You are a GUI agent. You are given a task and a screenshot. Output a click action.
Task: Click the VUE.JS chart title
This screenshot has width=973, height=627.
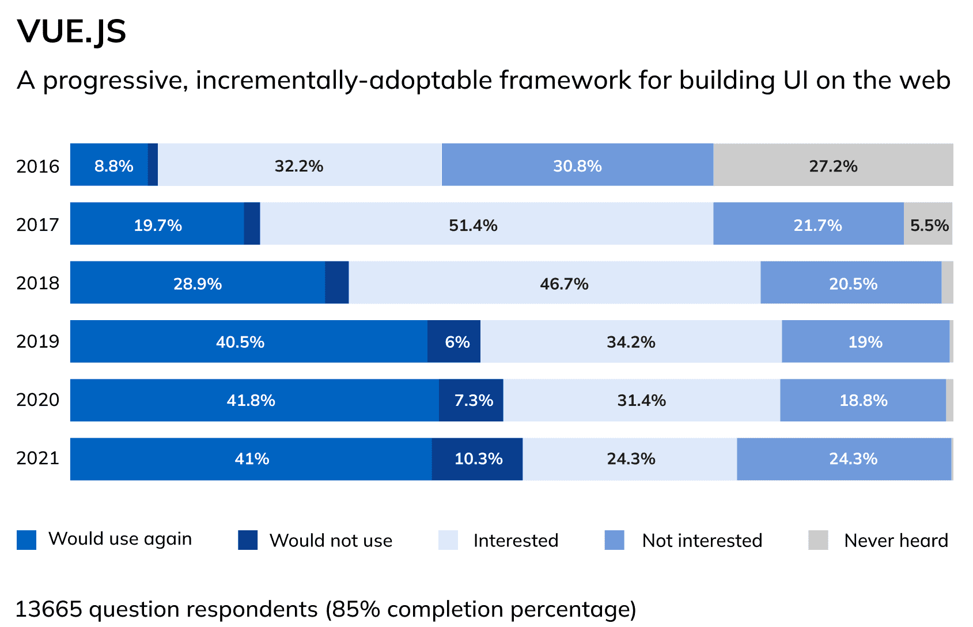[71, 31]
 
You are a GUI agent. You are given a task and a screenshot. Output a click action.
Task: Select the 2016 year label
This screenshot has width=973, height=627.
[38, 166]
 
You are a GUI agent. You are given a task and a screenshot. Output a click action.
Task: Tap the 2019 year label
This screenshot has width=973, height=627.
[38, 341]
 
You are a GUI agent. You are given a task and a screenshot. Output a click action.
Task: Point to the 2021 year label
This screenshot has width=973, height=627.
[38, 458]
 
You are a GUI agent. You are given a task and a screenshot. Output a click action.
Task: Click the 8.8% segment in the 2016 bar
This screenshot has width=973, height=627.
[109, 165]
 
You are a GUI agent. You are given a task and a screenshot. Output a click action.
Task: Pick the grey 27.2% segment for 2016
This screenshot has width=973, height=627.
[833, 165]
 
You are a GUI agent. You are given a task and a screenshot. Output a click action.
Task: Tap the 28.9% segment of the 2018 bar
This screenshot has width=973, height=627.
[198, 283]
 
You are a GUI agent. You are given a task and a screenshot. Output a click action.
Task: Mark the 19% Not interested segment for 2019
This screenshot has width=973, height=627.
[865, 341]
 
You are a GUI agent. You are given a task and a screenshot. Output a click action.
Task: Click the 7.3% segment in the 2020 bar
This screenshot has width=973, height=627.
[471, 400]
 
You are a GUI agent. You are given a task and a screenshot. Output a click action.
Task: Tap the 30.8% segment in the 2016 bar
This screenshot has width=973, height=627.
[577, 165]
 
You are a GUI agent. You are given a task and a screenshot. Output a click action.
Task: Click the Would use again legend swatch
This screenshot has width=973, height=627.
[26, 540]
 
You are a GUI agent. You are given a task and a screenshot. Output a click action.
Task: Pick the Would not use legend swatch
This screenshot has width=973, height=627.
[248, 540]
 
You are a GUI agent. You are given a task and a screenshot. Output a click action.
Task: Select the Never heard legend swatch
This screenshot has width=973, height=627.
[818, 540]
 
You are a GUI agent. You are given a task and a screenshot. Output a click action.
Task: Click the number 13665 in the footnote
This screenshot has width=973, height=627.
[48, 609]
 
